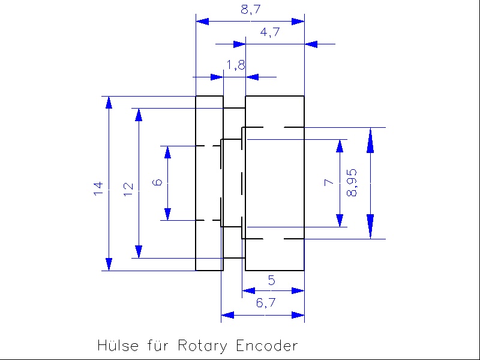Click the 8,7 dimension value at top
click(x=251, y=10)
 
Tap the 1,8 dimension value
click(x=235, y=65)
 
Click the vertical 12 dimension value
click(x=128, y=189)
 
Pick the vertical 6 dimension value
click(x=157, y=182)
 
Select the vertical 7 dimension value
click(x=328, y=182)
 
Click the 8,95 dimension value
click(x=352, y=182)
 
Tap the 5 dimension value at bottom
click(x=271, y=280)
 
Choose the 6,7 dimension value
click(x=265, y=304)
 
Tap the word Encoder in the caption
click(x=267, y=346)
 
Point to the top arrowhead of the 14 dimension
click(x=109, y=103)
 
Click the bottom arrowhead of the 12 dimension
click(x=139, y=251)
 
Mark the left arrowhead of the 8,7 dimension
click(x=203, y=21)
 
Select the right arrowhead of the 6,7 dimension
click(x=298, y=315)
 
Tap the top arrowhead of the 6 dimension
click(x=167, y=152)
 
